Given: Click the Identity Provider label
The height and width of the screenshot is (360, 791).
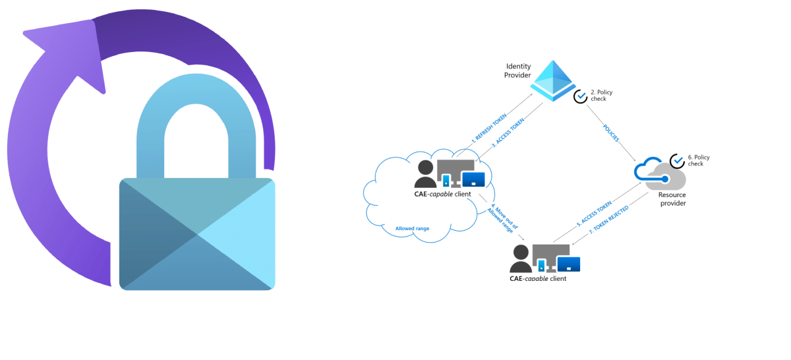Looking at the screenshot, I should click(518, 71).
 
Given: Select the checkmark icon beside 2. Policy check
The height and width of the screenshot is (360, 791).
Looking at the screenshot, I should click(580, 96).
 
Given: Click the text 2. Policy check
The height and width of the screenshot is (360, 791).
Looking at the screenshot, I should click(601, 96).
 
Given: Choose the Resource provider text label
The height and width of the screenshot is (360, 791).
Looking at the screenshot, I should click(672, 199).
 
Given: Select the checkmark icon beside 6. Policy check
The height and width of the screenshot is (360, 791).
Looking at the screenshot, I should click(677, 161).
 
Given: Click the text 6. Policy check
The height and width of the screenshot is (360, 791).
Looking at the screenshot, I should click(698, 161).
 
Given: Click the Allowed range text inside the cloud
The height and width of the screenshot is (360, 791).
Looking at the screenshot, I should click(412, 229).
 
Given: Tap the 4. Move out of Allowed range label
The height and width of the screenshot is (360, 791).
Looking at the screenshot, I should click(498, 216).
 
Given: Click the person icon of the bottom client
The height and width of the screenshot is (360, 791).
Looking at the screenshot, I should click(521, 259).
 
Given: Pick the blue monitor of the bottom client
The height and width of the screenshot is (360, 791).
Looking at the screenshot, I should click(568, 264).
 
